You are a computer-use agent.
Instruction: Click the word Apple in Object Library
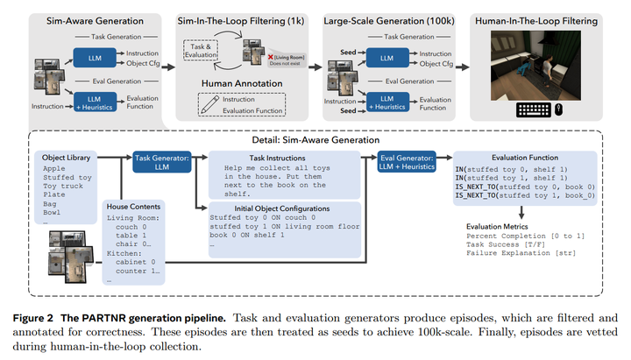point(53,167)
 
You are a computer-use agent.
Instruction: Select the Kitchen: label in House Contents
point(123,251)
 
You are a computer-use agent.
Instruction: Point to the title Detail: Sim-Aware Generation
point(315,141)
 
